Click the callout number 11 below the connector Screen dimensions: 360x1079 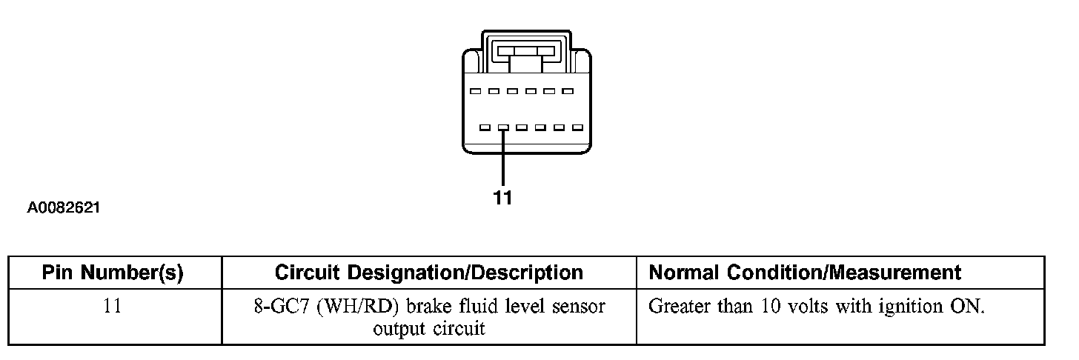(x=502, y=198)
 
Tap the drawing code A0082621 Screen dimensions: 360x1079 (x=64, y=209)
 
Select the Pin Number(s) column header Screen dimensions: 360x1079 (x=113, y=273)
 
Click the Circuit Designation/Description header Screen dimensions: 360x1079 (x=428, y=273)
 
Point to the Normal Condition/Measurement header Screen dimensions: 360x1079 (x=805, y=273)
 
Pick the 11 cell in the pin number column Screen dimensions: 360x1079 (x=112, y=307)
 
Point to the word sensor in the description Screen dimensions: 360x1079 (x=580, y=307)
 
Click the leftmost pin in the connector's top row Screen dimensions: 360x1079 (x=475, y=91)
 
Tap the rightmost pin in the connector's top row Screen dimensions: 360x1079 (x=568, y=91)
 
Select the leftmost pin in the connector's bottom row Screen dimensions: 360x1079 (x=485, y=127)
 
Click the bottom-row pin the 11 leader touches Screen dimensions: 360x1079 (x=503, y=127)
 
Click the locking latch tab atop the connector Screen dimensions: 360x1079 (x=526, y=53)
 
